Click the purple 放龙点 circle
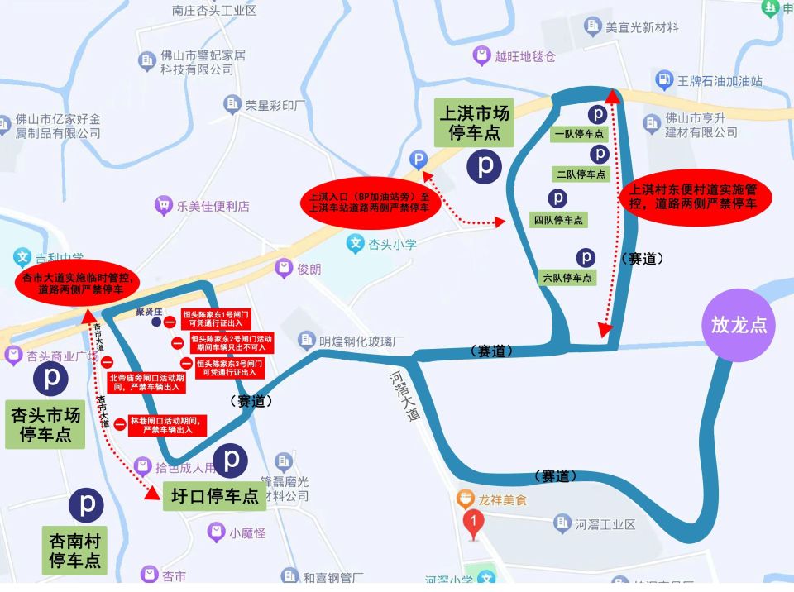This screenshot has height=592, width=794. (x=739, y=324)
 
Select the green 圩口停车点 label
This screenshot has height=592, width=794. (x=211, y=496)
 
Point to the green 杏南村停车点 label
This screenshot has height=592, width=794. (x=74, y=551)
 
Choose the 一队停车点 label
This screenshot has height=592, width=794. (x=578, y=133)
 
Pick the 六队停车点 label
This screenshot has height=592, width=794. (x=567, y=278)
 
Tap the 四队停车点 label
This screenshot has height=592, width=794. (x=558, y=220)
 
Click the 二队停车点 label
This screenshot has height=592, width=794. (x=581, y=174)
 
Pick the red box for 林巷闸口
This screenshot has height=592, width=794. (x=167, y=425)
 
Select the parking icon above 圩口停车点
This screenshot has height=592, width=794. (x=231, y=460)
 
